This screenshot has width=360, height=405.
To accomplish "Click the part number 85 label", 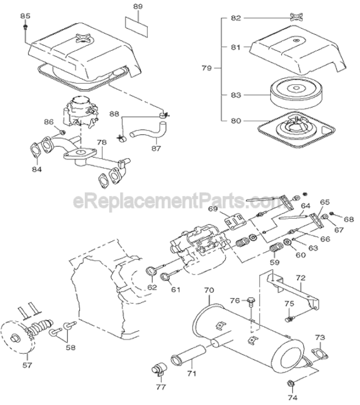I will tap(25, 16).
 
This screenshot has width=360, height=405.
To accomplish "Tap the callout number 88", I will tap(114, 114).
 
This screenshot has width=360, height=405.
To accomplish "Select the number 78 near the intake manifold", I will tap(101, 143).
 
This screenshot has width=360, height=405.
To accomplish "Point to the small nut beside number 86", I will tap(63, 132).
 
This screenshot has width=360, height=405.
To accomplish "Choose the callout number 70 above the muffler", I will tap(208, 291).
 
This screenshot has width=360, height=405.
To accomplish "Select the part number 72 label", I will tap(300, 278).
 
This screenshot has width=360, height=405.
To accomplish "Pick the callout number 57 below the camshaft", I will tap(27, 364).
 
